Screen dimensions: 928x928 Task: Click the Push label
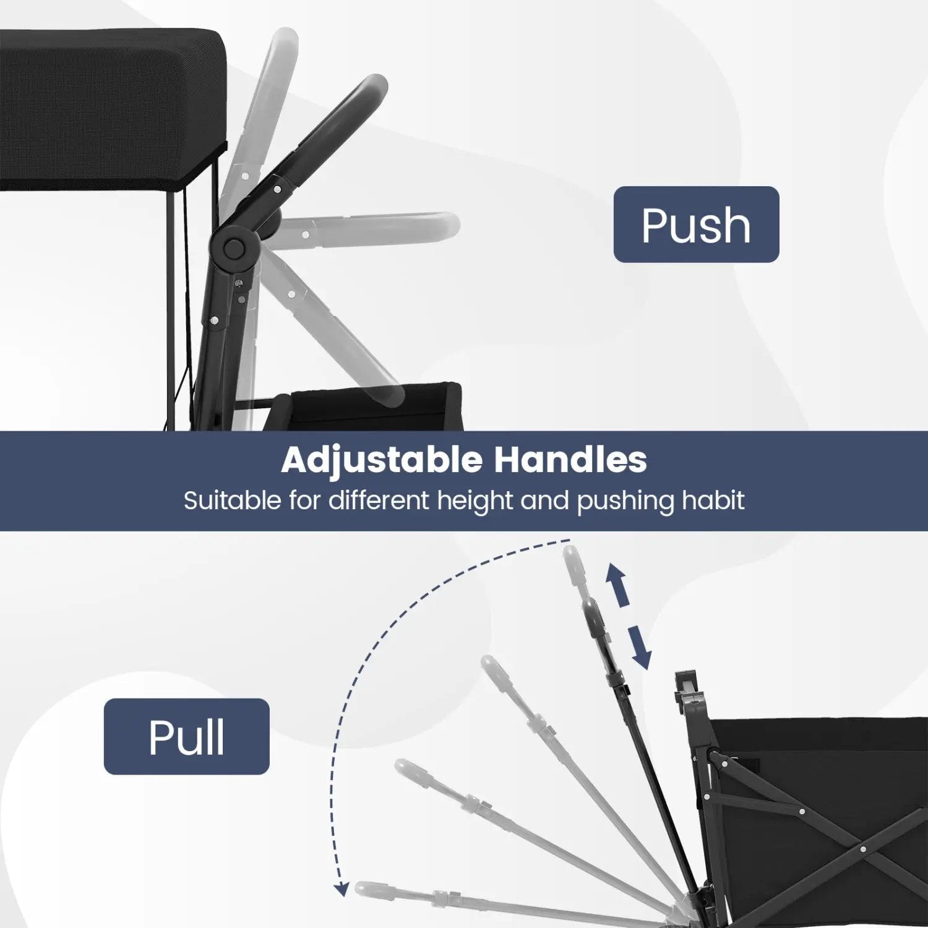(696, 225)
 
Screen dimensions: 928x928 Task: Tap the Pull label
(186, 736)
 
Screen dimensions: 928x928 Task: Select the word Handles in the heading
(570, 460)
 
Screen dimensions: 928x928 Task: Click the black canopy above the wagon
(111, 108)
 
